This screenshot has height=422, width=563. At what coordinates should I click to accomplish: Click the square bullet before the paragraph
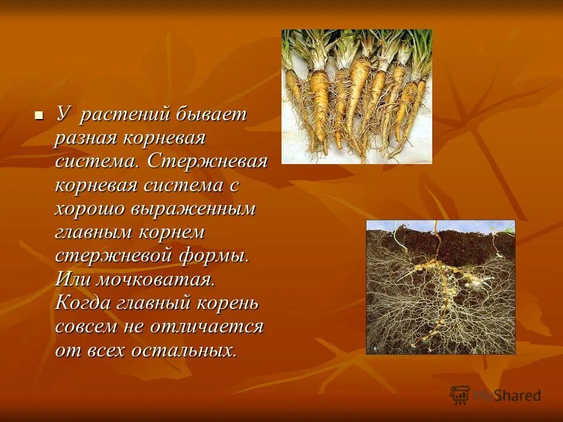[39, 115]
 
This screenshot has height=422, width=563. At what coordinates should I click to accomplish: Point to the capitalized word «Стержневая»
[208, 162]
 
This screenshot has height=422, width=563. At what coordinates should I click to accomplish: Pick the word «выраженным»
[193, 209]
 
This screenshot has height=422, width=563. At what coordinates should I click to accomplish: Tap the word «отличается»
[207, 327]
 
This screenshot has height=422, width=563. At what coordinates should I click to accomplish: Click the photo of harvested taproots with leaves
[357, 97]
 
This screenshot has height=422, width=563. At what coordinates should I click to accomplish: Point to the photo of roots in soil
[440, 287]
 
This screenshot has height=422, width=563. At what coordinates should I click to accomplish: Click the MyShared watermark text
[507, 396]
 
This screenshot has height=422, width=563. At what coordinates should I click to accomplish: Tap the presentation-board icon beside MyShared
[460, 394]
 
